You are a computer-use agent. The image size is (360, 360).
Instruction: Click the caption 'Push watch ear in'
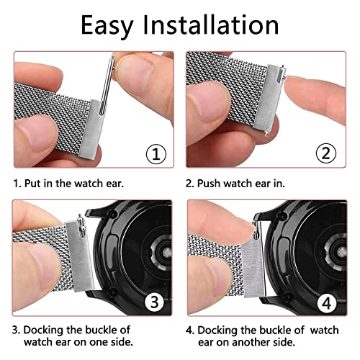click(x=244, y=183)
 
